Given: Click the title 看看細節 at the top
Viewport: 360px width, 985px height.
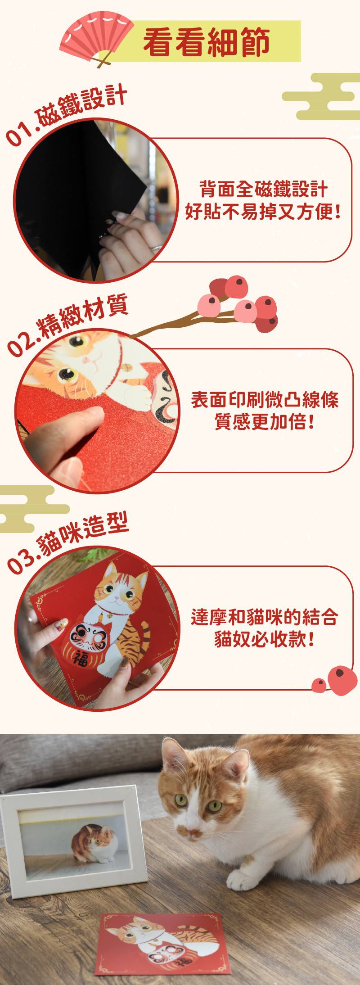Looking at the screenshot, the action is pyautogui.click(x=207, y=42).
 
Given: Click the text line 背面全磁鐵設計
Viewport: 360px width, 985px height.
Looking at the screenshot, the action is pyautogui.click(x=263, y=189).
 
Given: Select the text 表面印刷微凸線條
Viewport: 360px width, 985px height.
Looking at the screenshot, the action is pyautogui.click(x=264, y=400).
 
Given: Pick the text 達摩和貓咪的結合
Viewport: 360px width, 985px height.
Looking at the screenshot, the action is pyautogui.click(x=264, y=617).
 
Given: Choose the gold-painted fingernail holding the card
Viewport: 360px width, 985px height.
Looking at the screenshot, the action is pyautogui.click(x=61, y=624).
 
